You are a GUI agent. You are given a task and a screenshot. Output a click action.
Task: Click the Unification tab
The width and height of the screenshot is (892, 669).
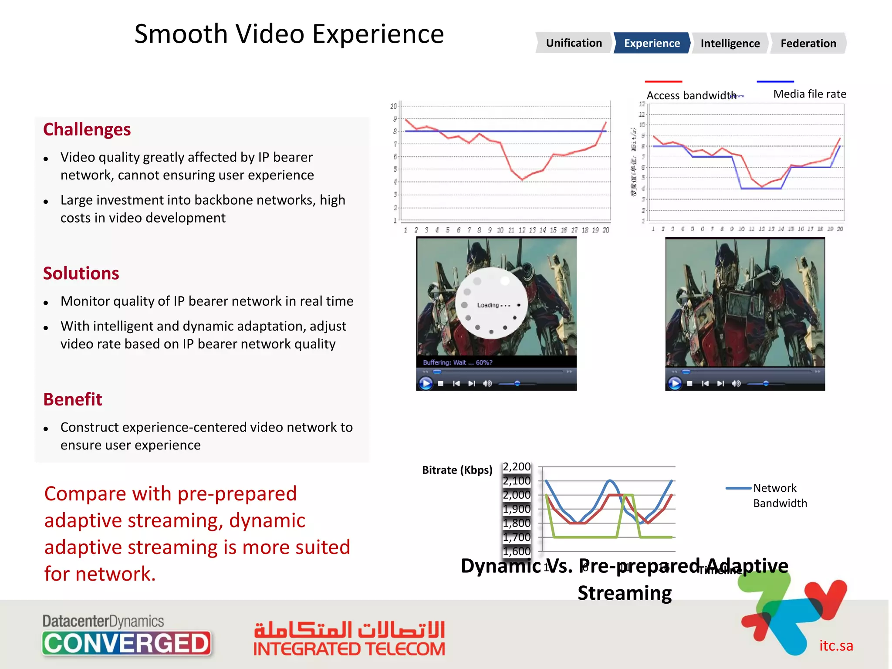[x=574, y=43]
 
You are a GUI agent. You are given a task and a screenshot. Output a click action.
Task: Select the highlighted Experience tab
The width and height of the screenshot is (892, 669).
[x=652, y=43]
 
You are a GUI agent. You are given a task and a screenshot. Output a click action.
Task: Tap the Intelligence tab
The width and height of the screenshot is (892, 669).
[x=730, y=44]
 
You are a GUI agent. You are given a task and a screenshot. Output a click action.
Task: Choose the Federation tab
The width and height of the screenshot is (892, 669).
[x=808, y=44]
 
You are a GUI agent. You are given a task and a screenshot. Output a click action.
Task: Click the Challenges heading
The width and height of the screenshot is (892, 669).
[x=87, y=129]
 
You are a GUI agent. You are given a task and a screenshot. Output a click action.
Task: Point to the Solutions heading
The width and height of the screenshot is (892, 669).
[x=81, y=273]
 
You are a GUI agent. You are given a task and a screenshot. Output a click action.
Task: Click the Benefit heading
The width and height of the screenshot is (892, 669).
[x=73, y=399]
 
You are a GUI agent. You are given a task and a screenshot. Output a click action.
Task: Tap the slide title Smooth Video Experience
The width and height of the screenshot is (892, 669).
[x=289, y=34]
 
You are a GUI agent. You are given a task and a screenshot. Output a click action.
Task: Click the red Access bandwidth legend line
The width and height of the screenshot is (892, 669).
[x=663, y=81]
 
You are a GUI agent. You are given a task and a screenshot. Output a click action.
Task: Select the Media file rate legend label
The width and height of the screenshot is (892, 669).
[x=809, y=94]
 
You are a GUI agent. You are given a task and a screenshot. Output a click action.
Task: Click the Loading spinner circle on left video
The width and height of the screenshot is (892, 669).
[x=492, y=304]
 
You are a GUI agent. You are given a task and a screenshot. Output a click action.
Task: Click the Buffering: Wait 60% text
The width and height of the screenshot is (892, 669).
[x=457, y=362]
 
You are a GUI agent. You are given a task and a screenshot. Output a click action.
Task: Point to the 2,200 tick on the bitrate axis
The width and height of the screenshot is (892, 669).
[x=517, y=467]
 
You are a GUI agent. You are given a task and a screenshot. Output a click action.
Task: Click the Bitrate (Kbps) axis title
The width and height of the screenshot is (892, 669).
[x=457, y=470]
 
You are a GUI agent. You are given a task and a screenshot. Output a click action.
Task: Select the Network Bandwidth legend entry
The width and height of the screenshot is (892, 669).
[x=779, y=495]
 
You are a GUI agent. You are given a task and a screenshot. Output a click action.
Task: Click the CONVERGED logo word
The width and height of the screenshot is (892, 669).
[x=127, y=643]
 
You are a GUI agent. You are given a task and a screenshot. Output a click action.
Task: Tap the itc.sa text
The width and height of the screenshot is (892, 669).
[x=836, y=645]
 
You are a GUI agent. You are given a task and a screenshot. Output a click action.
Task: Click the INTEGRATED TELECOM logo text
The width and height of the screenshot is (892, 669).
[x=349, y=649]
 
